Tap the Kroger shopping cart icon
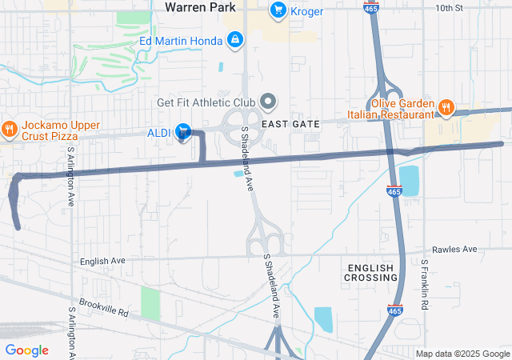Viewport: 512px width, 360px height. [278, 10]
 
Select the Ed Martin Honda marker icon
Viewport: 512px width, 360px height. [234, 38]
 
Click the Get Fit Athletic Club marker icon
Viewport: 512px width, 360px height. [269, 102]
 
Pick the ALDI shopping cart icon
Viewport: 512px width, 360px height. [183, 131]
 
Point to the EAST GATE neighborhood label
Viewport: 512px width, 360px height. [290, 124]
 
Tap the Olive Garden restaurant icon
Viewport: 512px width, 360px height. [446, 106]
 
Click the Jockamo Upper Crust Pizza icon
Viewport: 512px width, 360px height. [10, 128]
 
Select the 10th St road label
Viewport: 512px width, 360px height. [449, 8]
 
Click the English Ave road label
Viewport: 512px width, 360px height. [102, 261]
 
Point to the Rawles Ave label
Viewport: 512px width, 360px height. [454, 250]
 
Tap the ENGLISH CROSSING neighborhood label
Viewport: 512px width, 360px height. [370, 272]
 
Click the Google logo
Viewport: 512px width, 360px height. [27, 350]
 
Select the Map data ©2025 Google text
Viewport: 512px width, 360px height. [462, 354]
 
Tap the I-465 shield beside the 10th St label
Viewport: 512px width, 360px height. [372, 7]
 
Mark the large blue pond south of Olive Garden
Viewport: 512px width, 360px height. [409, 182]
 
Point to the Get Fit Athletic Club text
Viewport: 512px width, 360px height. [205, 102]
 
